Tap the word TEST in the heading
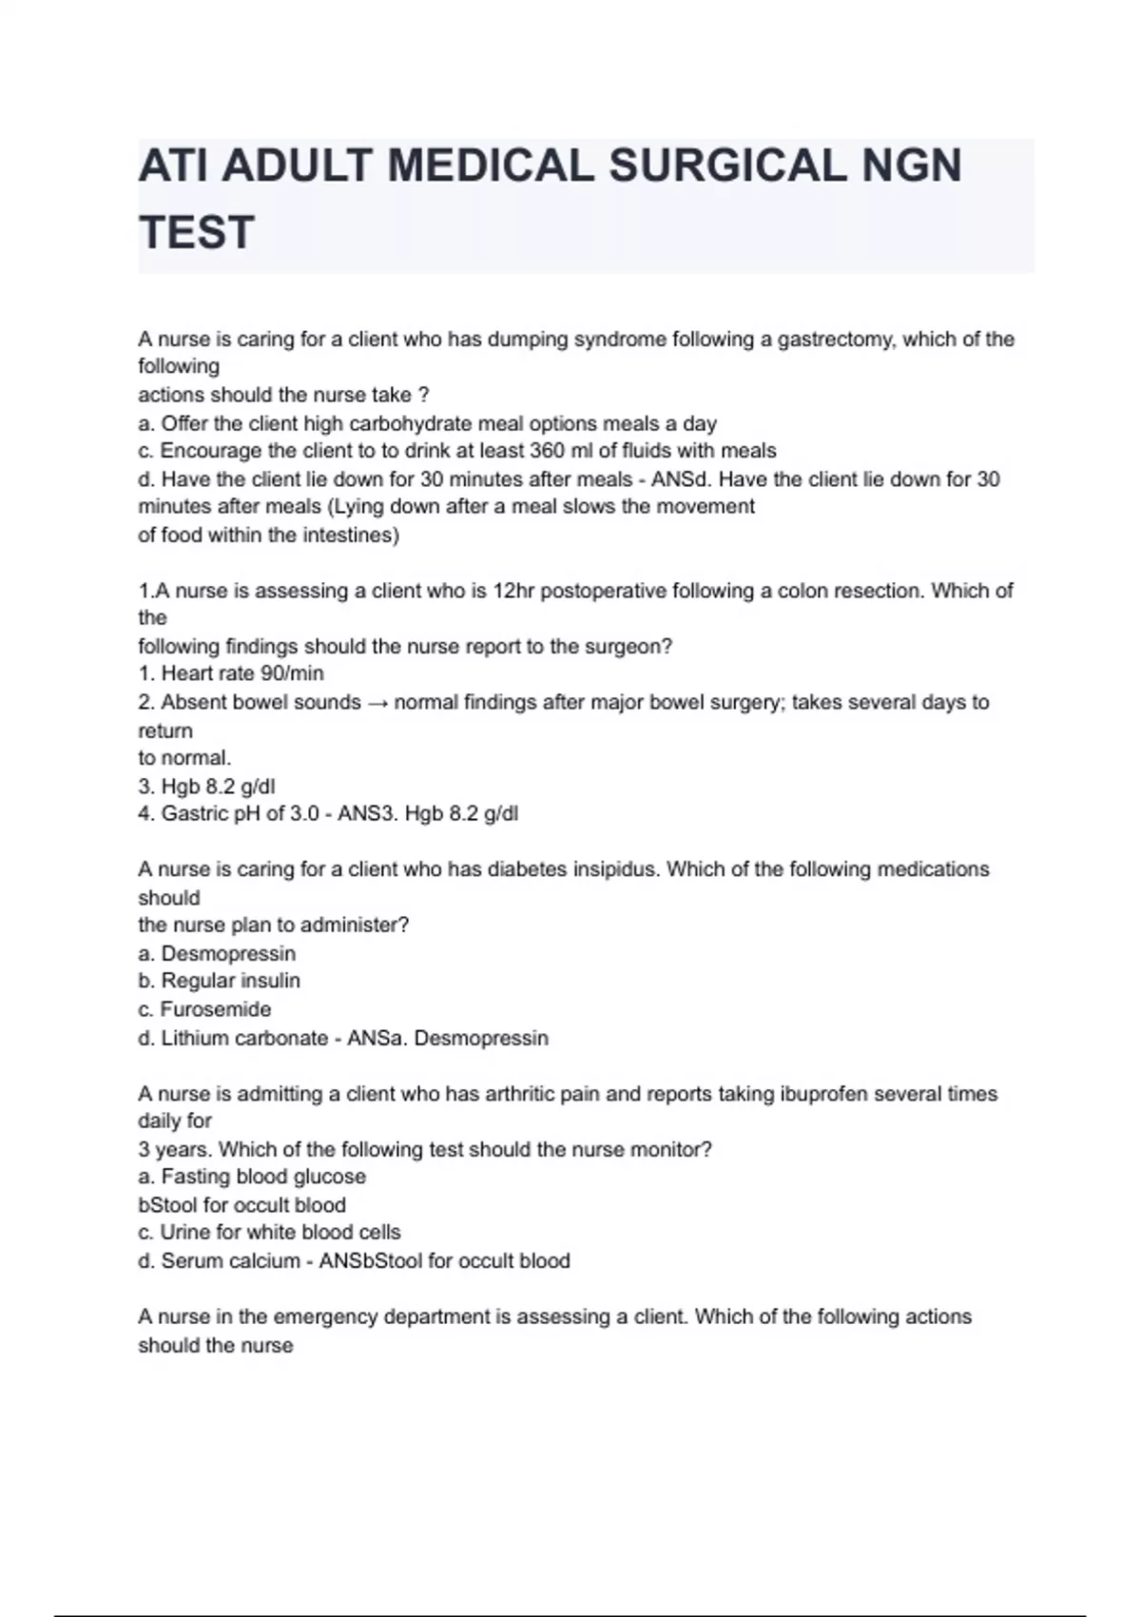click(x=197, y=233)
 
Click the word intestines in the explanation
click(x=348, y=536)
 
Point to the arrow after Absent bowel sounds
click(x=377, y=703)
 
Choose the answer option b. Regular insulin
click(x=219, y=981)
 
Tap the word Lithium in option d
click(x=194, y=1039)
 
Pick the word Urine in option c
click(x=184, y=1233)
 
